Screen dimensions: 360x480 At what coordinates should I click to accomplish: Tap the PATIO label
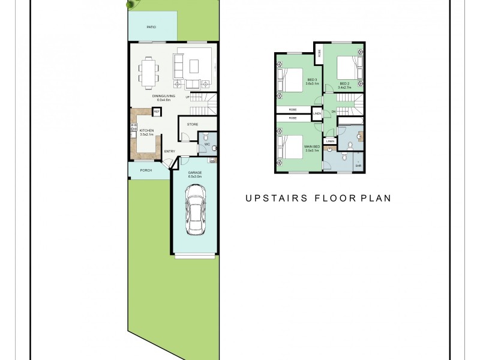tap(152, 27)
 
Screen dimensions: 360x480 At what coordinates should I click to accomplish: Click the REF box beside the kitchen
tap(157, 112)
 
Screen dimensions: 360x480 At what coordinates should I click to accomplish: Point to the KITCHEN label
tap(147, 130)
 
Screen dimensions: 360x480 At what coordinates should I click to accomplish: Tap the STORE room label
tap(193, 124)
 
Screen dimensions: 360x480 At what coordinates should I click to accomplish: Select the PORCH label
tap(146, 170)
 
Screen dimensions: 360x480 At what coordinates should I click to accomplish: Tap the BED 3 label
tap(312, 80)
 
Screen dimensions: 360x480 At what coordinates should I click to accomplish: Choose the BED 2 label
tap(344, 83)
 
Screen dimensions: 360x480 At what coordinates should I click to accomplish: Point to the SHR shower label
tap(358, 166)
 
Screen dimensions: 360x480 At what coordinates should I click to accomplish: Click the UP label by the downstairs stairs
tap(187, 97)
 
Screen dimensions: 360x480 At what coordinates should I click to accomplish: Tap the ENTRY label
tap(170, 151)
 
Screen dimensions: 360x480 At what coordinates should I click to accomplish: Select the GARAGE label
tap(194, 173)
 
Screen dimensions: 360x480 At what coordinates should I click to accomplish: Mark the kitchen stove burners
tap(133, 127)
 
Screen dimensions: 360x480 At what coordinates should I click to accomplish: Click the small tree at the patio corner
tap(130, 4)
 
